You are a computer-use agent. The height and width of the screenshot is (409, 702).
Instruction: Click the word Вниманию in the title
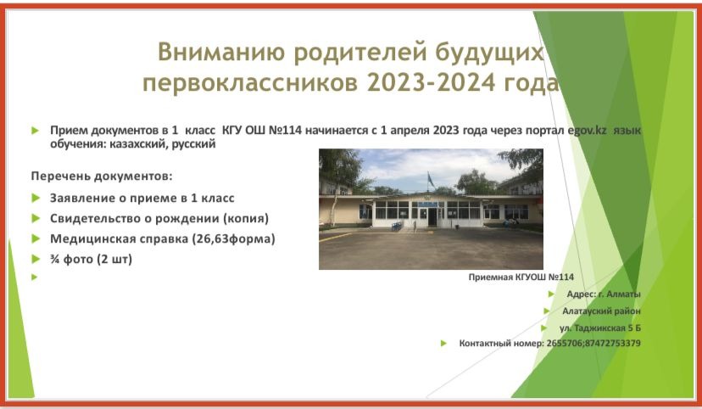(x=221, y=52)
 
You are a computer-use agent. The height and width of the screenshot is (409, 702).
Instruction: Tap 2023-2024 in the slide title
(x=432, y=82)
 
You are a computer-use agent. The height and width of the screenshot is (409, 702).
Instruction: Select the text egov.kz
(x=587, y=131)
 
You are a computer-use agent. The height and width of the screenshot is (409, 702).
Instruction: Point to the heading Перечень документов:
(x=102, y=176)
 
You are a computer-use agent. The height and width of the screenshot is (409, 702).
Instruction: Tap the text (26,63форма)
(x=233, y=238)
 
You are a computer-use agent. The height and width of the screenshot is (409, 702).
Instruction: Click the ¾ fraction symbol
(x=54, y=259)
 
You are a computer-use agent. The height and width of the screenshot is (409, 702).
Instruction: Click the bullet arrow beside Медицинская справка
(x=36, y=238)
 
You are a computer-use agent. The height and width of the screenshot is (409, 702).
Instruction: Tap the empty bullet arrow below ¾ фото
(x=35, y=277)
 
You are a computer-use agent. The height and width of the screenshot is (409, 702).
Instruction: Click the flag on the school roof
(x=430, y=181)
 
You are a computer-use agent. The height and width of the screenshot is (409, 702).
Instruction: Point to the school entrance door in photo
(x=432, y=217)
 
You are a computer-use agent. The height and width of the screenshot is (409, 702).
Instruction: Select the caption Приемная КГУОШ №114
(x=521, y=277)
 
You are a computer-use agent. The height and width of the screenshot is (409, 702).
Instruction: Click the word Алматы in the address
(x=624, y=294)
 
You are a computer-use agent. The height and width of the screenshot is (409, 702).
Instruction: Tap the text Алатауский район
(x=601, y=311)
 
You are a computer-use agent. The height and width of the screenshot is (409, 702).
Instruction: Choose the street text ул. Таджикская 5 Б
(x=600, y=328)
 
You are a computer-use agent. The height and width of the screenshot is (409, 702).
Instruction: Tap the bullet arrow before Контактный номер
(x=443, y=344)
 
